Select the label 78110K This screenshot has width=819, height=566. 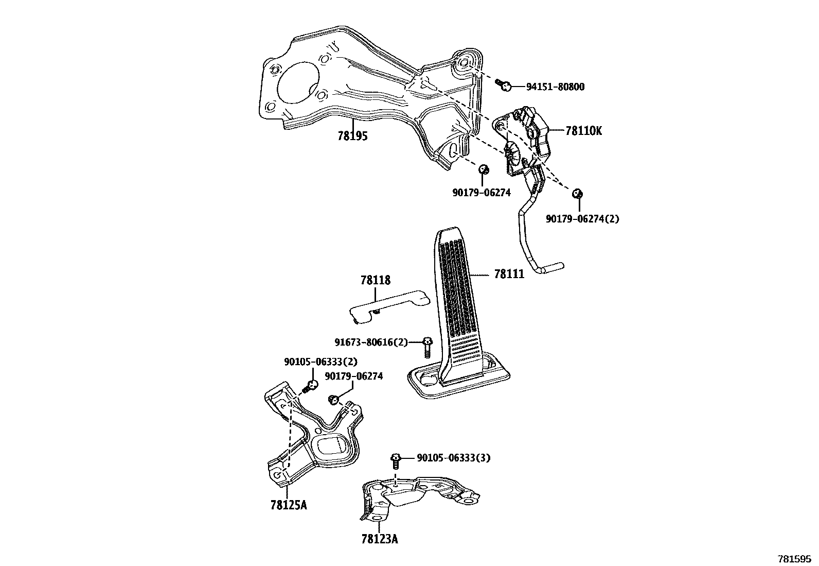[583, 131]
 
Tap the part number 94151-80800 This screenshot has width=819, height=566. [555, 87]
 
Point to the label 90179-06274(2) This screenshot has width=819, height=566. [582, 219]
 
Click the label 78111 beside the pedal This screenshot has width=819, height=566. [509, 274]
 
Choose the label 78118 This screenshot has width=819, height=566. [375, 281]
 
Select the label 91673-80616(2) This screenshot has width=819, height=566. [370, 342]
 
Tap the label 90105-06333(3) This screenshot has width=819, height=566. [453, 458]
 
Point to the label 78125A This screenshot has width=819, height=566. [288, 505]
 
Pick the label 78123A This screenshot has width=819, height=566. [379, 539]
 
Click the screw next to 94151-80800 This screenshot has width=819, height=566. [504, 85]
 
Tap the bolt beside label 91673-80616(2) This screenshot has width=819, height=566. [426, 347]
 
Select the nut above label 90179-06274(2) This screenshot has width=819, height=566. [577, 194]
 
